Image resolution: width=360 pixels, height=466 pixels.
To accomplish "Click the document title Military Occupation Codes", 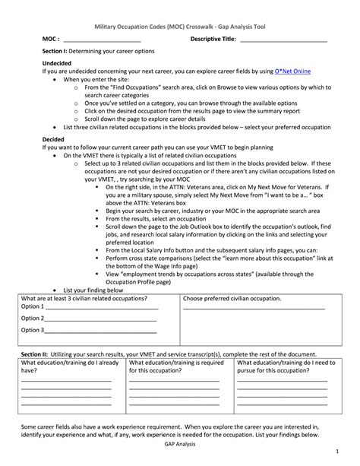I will tap(179, 26).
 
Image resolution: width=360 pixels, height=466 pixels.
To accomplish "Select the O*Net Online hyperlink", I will tap(293, 71).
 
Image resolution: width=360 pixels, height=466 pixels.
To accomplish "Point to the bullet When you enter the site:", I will tap(99, 78).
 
